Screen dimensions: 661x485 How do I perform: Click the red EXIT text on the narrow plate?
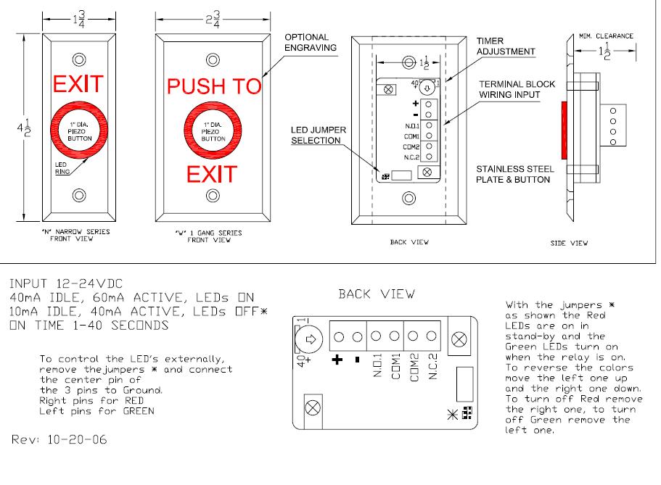(x=78, y=84)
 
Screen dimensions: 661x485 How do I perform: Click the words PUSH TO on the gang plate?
(x=214, y=86)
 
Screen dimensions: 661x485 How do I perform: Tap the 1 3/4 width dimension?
(x=79, y=19)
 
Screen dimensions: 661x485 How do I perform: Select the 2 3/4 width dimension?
(x=213, y=20)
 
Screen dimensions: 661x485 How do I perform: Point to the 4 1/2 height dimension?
(x=24, y=128)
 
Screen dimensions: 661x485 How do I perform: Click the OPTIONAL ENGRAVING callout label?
(x=311, y=43)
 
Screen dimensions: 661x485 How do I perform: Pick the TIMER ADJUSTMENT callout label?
(x=506, y=46)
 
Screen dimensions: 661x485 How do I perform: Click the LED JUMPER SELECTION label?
(x=319, y=136)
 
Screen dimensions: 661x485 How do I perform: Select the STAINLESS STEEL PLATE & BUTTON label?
(x=514, y=174)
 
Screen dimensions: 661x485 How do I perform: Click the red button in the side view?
(x=564, y=130)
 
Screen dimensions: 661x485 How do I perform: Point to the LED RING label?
(x=62, y=168)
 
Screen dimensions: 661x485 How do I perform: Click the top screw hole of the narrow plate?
(x=79, y=59)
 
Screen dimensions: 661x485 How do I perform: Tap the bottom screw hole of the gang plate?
(x=213, y=196)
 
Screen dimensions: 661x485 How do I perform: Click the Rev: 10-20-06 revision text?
(x=59, y=439)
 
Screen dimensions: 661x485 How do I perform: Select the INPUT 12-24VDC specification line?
(x=66, y=283)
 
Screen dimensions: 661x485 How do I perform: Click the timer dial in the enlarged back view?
(x=309, y=339)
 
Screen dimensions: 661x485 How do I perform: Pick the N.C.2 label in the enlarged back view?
(x=433, y=366)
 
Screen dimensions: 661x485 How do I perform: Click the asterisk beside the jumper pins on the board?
(x=452, y=415)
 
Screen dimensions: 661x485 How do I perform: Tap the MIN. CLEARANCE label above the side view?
(x=606, y=36)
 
